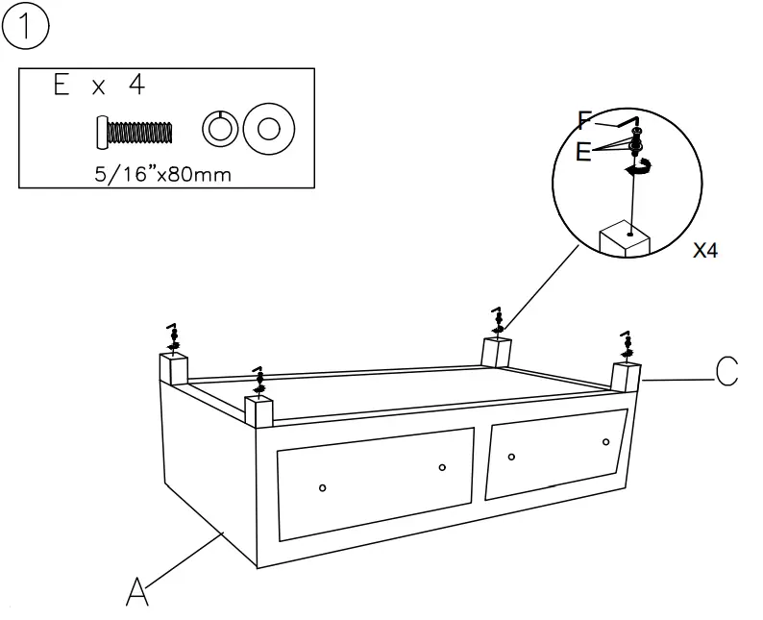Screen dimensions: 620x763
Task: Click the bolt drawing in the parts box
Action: [134, 131]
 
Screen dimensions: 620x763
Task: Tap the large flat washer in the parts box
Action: [268, 129]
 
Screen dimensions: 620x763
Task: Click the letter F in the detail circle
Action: [585, 120]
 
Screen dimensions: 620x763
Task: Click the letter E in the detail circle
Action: [584, 152]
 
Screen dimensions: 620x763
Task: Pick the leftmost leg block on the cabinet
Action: [174, 367]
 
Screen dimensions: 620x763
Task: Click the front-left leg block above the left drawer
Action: [259, 410]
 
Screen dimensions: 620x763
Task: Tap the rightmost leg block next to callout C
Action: [626, 377]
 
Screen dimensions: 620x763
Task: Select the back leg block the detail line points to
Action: [497, 351]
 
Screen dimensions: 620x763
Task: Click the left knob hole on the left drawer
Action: [322, 487]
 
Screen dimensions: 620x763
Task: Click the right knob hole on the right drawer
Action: [606, 441]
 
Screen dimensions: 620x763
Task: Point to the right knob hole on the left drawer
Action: [442, 467]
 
